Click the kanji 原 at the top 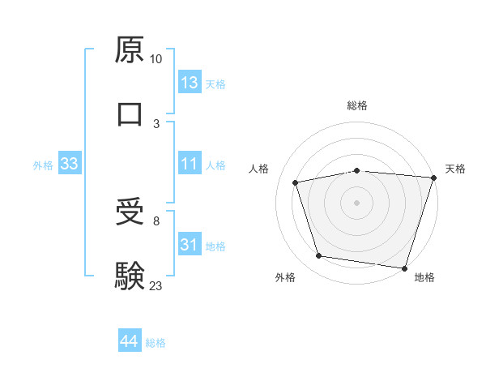pyautogui.click(x=130, y=51)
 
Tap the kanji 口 pyautogui.click(x=130, y=114)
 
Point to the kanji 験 pyautogui.click(x=130, y=276)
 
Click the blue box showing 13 pyautogui.click(x=190, y=83)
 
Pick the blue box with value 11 pyautogui.click(x=190, y=165)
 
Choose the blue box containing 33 pyautogui.click(x=70, y=165)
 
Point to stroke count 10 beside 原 pyautogui.click(x=156, y=59)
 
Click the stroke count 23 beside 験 pyautogui.click(x=156, y=285)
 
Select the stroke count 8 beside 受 pyautogui.click(x=156, y=220)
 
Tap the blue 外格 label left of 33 pyautogui.click(x=43, y=165)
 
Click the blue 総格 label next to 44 pyautogui.click(x=156, y=343)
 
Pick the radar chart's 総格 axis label pyautogui.click(x=357, y=105)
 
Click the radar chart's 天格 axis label pyautogui.click(x=455, y=169)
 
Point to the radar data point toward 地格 pyautogui.click(x=405, y=268)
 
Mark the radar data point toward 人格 pyautogui.click(x=296, y=182)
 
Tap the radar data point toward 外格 pyautogui.click(x=319, y=256)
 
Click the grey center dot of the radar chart pyautogui.click(x=357, y=202)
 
